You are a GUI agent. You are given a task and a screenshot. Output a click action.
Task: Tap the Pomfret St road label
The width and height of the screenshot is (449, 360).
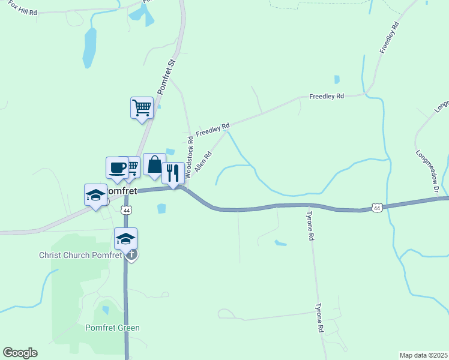pyautogui.click(x=166, y=76)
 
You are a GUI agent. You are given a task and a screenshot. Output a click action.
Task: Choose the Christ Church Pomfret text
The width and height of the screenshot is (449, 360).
pyautogui.click(x=80, y=255)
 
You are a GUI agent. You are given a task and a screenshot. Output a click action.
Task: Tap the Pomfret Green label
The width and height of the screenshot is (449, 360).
pyautogui.click(x=112, y=328)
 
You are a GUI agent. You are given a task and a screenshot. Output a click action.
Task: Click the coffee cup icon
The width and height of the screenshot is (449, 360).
pyautogui.click(x=117, y=167)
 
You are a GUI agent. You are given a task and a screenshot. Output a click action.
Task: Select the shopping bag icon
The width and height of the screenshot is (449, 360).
pyautogui.click(x=154, y=164)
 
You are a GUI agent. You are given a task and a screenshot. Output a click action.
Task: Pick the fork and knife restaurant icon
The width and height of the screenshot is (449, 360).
pyautogui.click(x=173, y=173)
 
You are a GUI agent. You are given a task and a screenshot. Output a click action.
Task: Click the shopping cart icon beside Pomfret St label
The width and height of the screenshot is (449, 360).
pyautogui.click(x=142, y=108)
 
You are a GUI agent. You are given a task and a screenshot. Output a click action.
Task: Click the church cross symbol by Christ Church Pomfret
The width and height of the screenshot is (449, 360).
pyautogui.click(x=132, y=255)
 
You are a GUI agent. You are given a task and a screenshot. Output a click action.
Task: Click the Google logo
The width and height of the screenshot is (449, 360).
pyautogui.click(x=20, y=353)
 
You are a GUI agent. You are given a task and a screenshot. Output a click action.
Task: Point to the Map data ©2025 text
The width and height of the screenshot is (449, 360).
pyautogui.click(x=423, y=355)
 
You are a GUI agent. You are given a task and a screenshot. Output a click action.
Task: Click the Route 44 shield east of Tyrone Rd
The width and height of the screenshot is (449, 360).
pyautogui.click(x=376, y=208)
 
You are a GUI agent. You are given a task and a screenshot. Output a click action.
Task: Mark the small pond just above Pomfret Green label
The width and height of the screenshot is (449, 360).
pyautogui.click(x=106, y=310)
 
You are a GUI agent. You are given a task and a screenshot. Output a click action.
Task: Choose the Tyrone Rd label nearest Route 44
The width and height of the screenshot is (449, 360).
pyautogui.click(x=311, y=226)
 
